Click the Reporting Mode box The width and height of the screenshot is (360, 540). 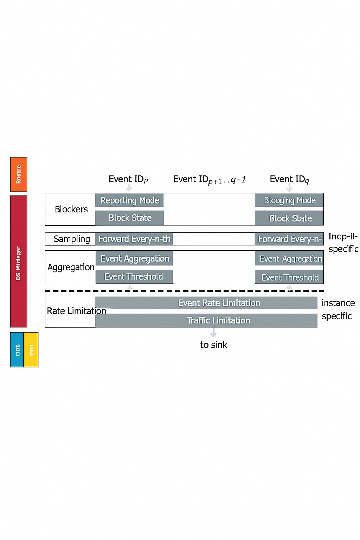[x=129, y=200]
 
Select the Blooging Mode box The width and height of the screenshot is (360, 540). [x=289, y=200]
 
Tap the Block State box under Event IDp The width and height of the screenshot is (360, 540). [x=130, y=218]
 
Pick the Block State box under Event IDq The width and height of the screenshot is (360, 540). [x=289, y=218]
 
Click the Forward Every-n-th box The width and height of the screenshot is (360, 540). [x=134, y=239]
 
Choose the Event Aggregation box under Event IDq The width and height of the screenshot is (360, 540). [x=289, y=259]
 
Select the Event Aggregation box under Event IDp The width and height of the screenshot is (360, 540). [x=134, y=258]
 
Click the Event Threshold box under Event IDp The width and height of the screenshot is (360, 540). [x=134, y=277]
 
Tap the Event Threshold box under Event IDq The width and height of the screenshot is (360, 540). [x=289, y=277]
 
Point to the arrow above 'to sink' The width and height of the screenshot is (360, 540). [x=213, y=332]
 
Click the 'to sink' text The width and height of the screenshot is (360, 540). [x=213, y=345]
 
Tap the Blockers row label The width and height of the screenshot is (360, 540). [x=71, y=209]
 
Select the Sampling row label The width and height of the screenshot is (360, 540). [x=72, y=239]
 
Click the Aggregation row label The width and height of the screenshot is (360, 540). [x=71, y=267]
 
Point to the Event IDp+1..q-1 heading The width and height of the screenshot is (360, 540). [x=210, y=180]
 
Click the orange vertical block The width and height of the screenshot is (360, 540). [x=19, y=174]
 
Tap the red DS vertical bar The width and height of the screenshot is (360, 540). [x=19, y=261]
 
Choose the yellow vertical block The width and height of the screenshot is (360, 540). [x=31, y=349]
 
